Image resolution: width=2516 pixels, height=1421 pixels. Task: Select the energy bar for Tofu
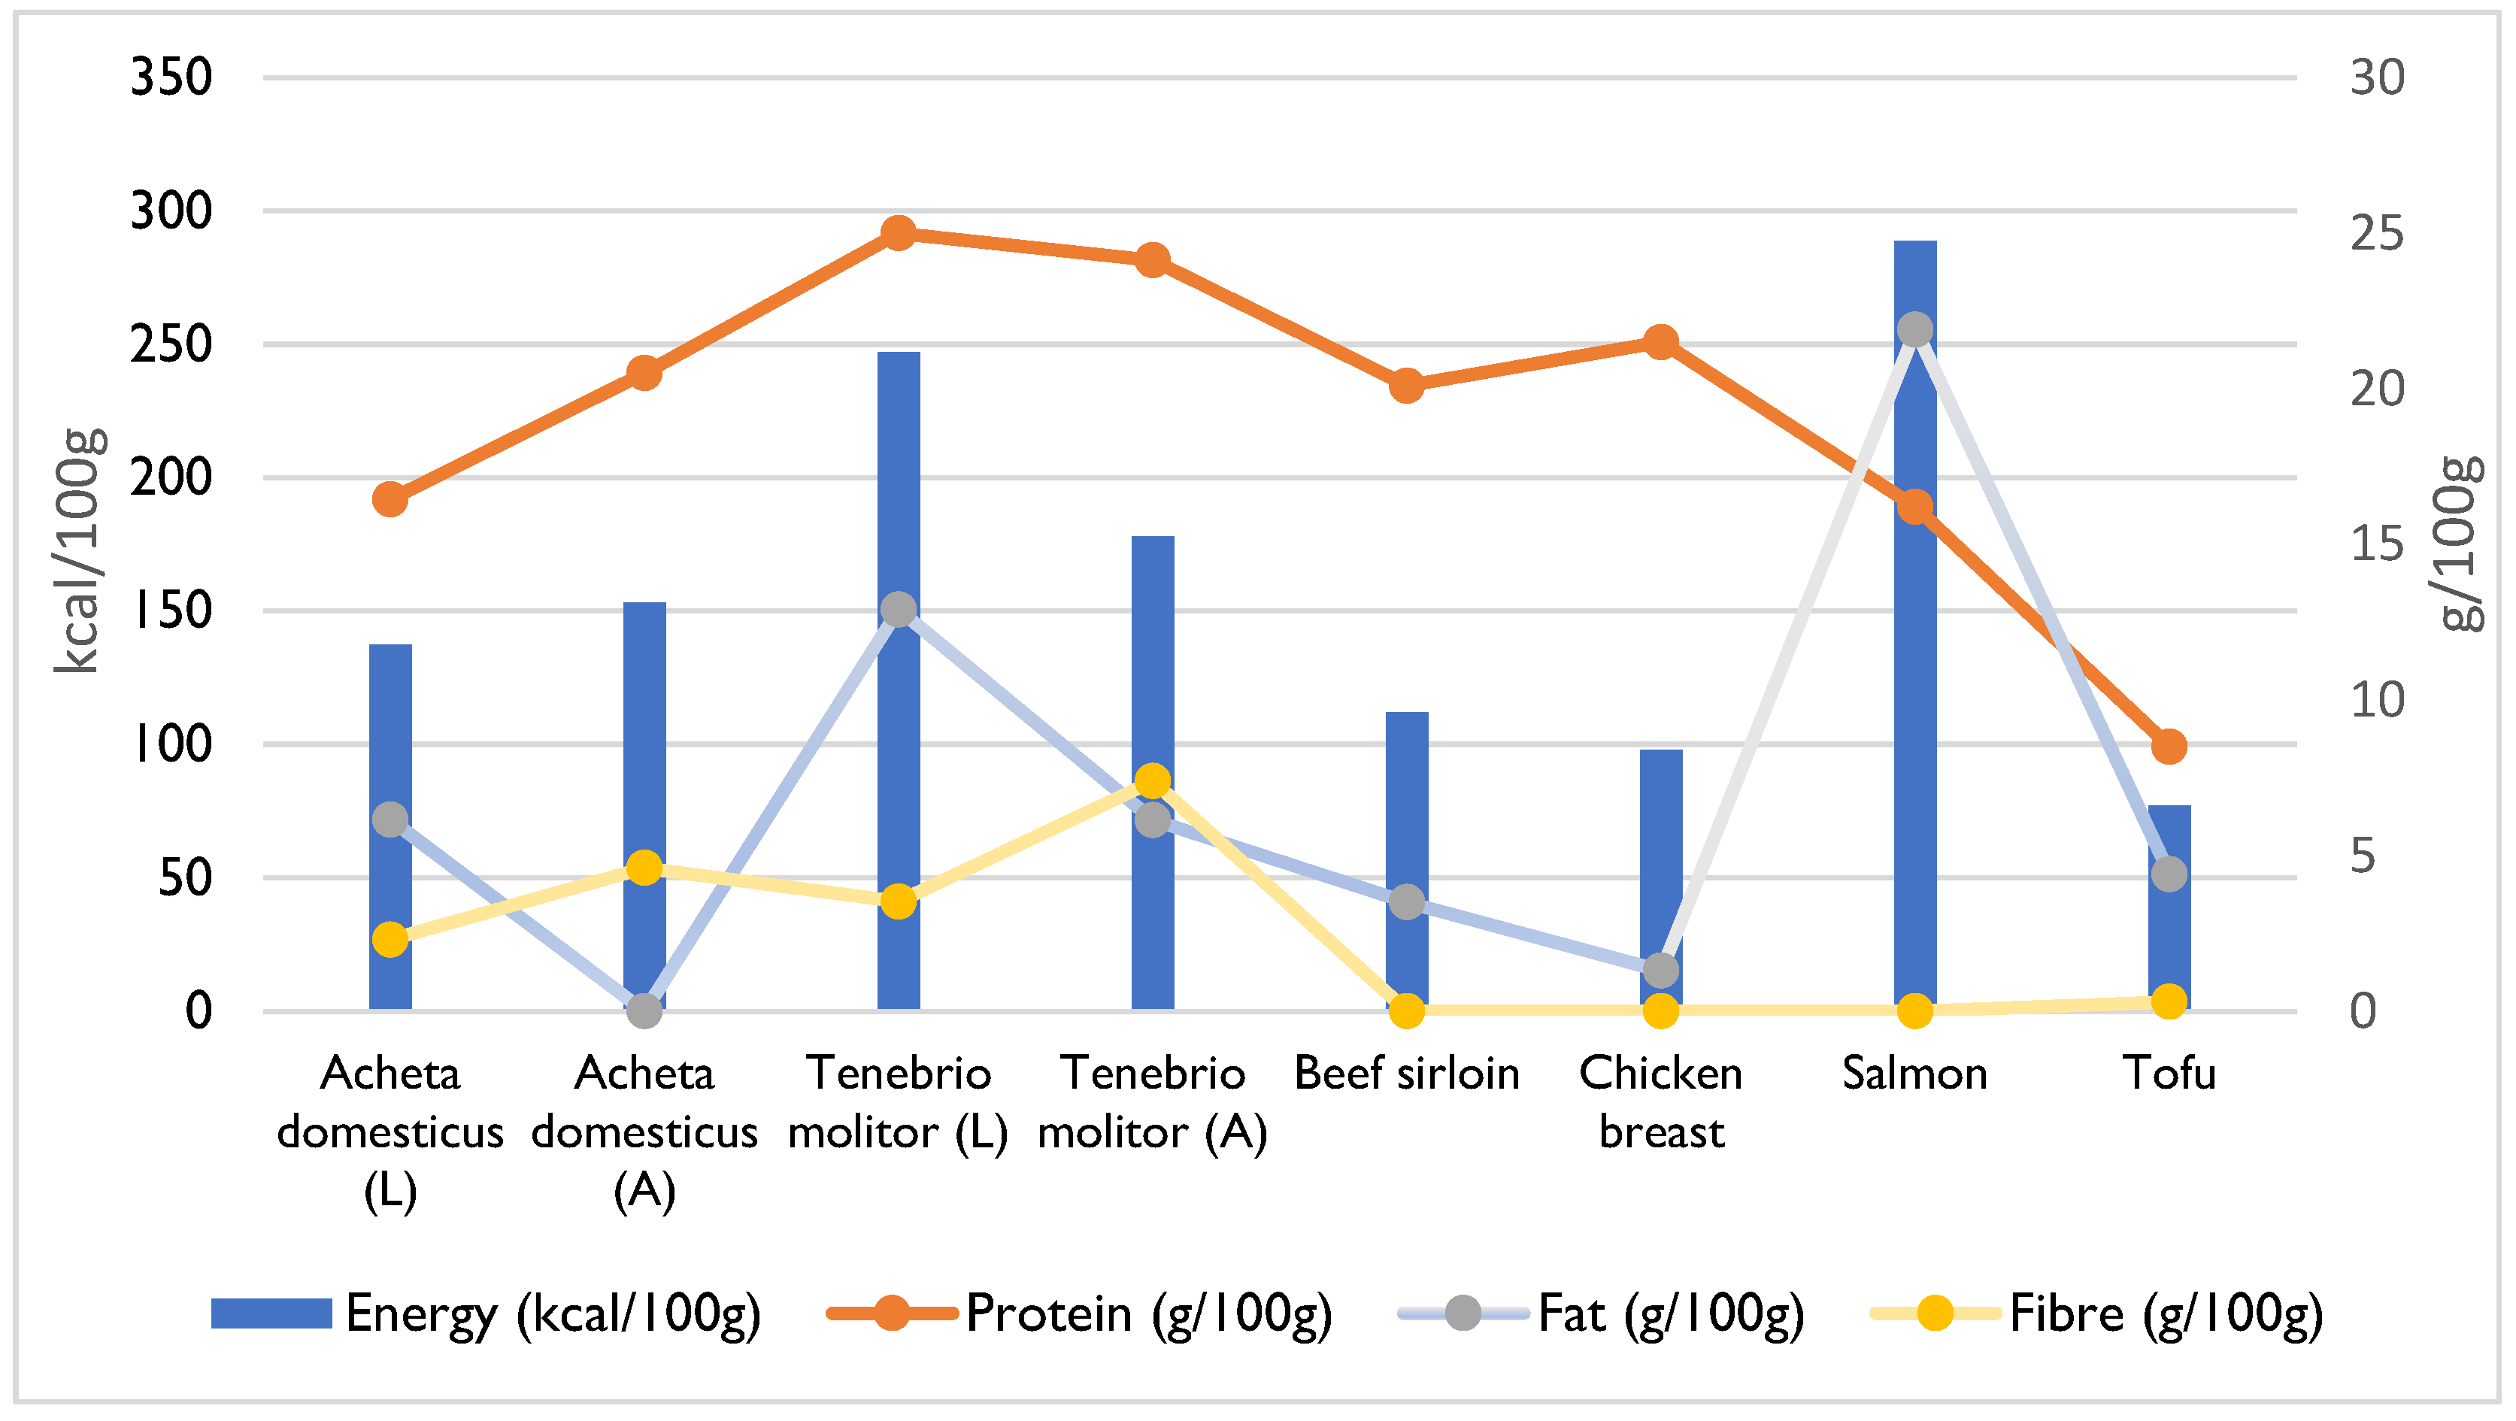(2169, 938)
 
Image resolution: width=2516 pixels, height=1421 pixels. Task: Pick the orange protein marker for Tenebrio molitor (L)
(898, 232)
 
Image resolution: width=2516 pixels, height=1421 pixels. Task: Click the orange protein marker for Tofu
(2169, 746)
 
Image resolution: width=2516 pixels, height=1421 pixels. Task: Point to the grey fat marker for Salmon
(1914, 330)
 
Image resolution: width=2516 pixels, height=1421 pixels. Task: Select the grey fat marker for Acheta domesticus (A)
(644, 1010)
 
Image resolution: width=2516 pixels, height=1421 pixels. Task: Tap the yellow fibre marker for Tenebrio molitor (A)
(1153, 781)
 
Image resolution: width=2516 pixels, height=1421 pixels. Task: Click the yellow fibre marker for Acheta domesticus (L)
(390, 940)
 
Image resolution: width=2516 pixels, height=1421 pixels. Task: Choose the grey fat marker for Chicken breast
(1660, 970)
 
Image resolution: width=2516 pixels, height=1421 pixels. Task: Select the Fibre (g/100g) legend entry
(2096, 1313)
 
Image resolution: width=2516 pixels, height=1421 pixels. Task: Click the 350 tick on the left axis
(171, 77)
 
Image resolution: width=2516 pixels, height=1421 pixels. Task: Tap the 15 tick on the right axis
(2376, 544)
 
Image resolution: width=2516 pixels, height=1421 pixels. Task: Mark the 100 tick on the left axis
(171, 744)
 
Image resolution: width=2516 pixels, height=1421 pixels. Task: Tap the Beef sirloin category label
(1406, 1074)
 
